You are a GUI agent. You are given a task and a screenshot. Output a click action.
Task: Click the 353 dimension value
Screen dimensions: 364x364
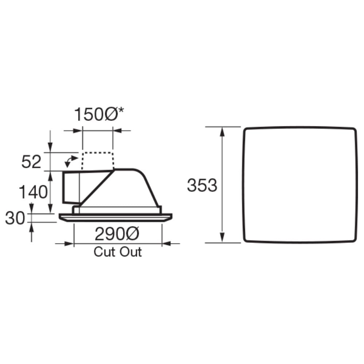pos(202,185)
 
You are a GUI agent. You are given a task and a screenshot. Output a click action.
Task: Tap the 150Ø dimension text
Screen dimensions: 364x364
pos(96,114)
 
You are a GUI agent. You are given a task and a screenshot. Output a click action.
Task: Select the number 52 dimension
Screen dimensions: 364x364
pos(31,162)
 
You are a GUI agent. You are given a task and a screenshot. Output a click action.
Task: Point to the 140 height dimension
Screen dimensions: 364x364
pos(33,192)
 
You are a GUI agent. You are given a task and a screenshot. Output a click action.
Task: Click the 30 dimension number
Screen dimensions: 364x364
pos(15,218)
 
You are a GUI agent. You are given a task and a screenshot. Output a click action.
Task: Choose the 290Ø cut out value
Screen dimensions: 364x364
pos(117,234)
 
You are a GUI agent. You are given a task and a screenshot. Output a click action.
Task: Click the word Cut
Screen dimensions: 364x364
pos(103,252)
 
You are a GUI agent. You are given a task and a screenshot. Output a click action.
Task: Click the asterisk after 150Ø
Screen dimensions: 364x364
pos(121,111)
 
